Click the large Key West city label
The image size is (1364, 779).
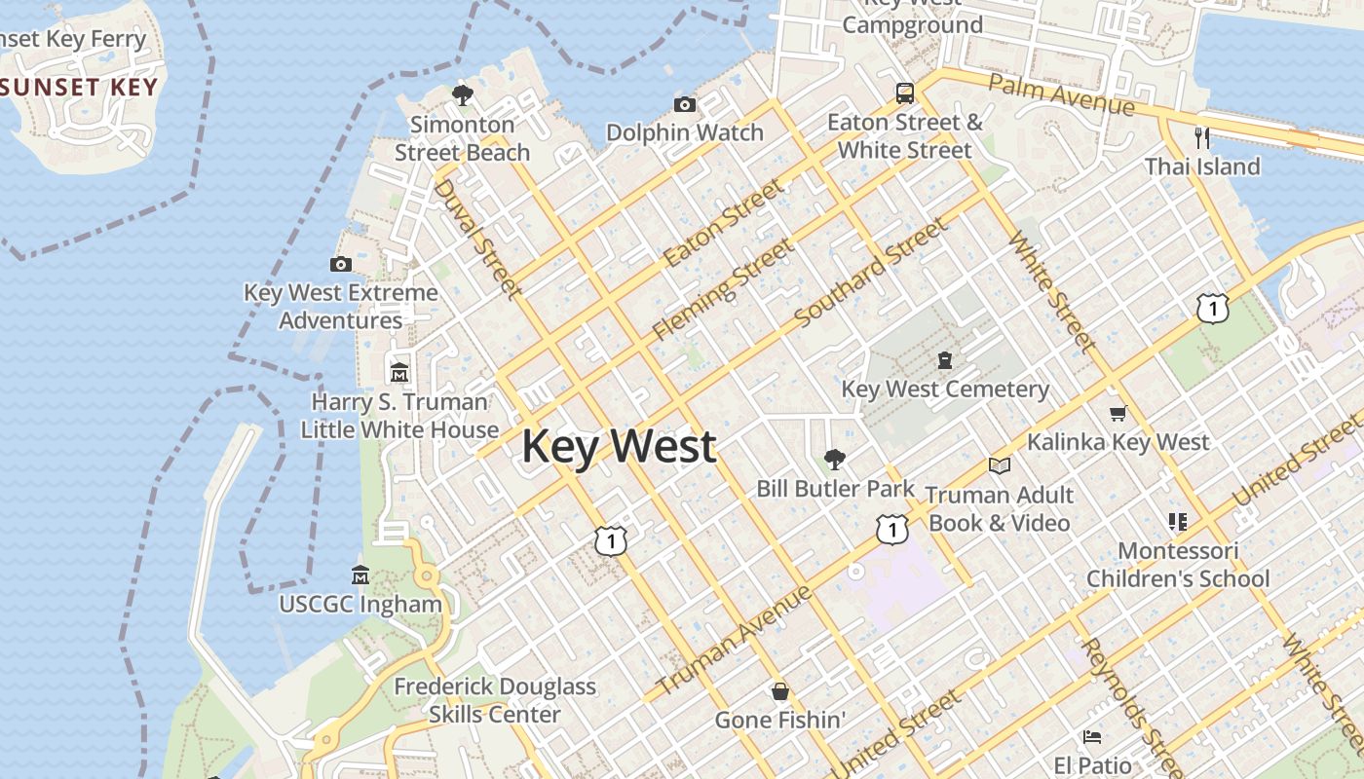(x=620, y=447)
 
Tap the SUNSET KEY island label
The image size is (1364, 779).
(x=78, y=87)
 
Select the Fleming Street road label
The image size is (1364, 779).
(x=723, y=289)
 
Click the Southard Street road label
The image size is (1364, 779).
(x=870, y=273)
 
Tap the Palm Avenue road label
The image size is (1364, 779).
(x=1061, y=93)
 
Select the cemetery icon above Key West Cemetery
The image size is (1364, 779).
(x=944, y=361)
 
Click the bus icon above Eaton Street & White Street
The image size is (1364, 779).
(x=905, y=93)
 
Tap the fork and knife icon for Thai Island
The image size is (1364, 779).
(x=1202, y=138)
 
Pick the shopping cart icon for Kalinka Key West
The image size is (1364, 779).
(x=1118, y=414)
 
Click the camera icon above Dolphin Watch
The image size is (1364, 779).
(x=685, y=104)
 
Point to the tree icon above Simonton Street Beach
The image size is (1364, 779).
(x=463, y=95)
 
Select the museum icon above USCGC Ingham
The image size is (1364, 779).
(x=360, y=575)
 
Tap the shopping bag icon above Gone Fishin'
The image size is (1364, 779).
(x=779, y=691)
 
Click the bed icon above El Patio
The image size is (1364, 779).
(x=1092, y=737)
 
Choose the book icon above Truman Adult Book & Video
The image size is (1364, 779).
(x=999, y=465)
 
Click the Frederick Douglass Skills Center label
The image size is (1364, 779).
(x=495, y=700)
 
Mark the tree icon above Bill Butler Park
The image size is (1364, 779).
(x=834, y=459)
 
